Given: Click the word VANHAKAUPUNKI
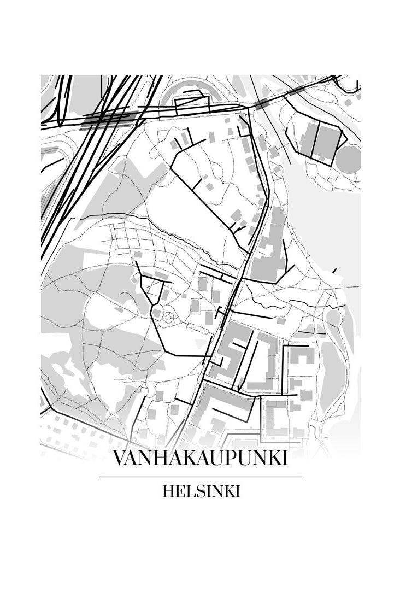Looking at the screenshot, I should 200,458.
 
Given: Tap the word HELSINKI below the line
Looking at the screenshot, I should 201,491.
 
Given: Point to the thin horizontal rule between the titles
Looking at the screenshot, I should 200,477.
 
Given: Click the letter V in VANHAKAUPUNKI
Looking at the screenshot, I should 119,458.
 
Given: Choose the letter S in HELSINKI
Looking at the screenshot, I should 198,491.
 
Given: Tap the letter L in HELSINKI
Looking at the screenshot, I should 189,491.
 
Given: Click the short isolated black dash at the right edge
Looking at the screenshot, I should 334,270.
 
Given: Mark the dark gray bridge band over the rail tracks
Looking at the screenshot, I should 109,117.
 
